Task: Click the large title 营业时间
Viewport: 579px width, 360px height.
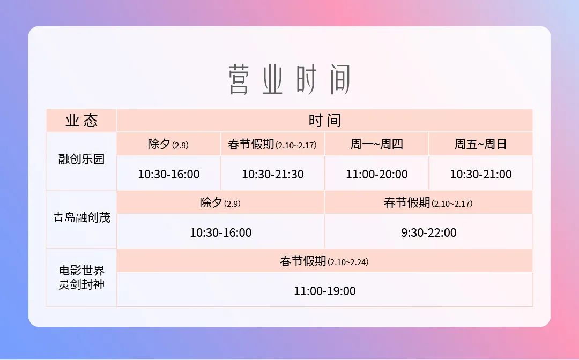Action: [289, 79]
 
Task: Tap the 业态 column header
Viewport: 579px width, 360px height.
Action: [81, 121]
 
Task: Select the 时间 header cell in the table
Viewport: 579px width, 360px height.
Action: [324, 121]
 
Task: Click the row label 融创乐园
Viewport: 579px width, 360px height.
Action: [81, 159]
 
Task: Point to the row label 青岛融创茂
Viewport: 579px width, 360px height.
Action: [81, 217]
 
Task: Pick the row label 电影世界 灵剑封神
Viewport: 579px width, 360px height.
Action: [81, 277]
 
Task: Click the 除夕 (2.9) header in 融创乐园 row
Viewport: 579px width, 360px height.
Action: [168, 144]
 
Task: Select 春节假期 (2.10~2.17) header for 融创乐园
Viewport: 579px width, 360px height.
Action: [272, 144]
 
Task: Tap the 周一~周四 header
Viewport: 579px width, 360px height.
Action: [377, 144]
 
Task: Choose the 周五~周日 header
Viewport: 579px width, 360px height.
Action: [480, 144]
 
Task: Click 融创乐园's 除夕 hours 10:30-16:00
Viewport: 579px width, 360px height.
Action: [169, 174]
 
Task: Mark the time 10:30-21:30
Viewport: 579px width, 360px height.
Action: [273, 174]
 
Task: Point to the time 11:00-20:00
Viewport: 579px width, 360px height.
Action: [377, 174]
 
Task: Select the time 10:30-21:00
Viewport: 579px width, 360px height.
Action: [481, 174]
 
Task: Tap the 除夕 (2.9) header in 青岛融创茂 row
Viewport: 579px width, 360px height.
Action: [220, 202]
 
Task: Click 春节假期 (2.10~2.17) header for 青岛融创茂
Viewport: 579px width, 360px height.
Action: [428, 202]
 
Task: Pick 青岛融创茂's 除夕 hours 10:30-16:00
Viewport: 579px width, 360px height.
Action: [221, 232]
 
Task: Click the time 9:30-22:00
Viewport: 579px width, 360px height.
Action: [429, 232]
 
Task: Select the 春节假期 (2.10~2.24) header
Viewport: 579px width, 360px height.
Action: [324, 261]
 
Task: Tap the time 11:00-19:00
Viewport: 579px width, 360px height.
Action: [325, 291]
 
